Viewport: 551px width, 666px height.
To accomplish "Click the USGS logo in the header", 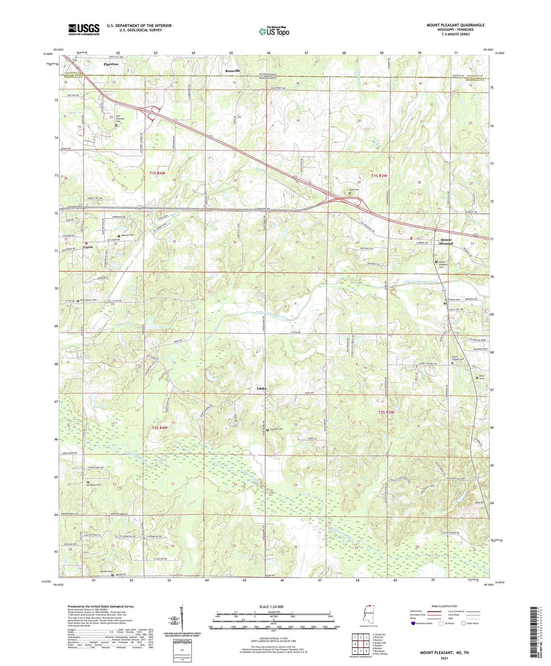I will (84, 29).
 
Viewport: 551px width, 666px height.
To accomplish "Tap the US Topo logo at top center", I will (274, 31).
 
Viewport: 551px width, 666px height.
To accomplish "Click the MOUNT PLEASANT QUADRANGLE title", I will (455, 25).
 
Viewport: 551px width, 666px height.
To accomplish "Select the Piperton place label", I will (111, 64).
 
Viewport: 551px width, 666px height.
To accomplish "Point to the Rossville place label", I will (233, 71).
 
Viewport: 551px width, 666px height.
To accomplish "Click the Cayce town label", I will (88, 247).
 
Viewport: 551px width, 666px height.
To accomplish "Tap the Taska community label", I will (261, 388).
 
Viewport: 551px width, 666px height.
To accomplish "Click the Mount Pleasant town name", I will (445, 241).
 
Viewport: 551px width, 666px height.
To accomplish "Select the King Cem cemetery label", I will (354, 190).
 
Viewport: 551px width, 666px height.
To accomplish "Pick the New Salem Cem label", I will (88, 300).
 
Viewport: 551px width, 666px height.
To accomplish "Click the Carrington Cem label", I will (93, 484).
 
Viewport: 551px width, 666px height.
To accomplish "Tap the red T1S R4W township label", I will (157, 173).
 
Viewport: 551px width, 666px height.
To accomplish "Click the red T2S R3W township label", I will (386, 412).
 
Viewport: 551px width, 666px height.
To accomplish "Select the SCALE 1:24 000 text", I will (271, 606).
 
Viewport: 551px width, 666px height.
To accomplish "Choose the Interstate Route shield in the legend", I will (413, 623).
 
